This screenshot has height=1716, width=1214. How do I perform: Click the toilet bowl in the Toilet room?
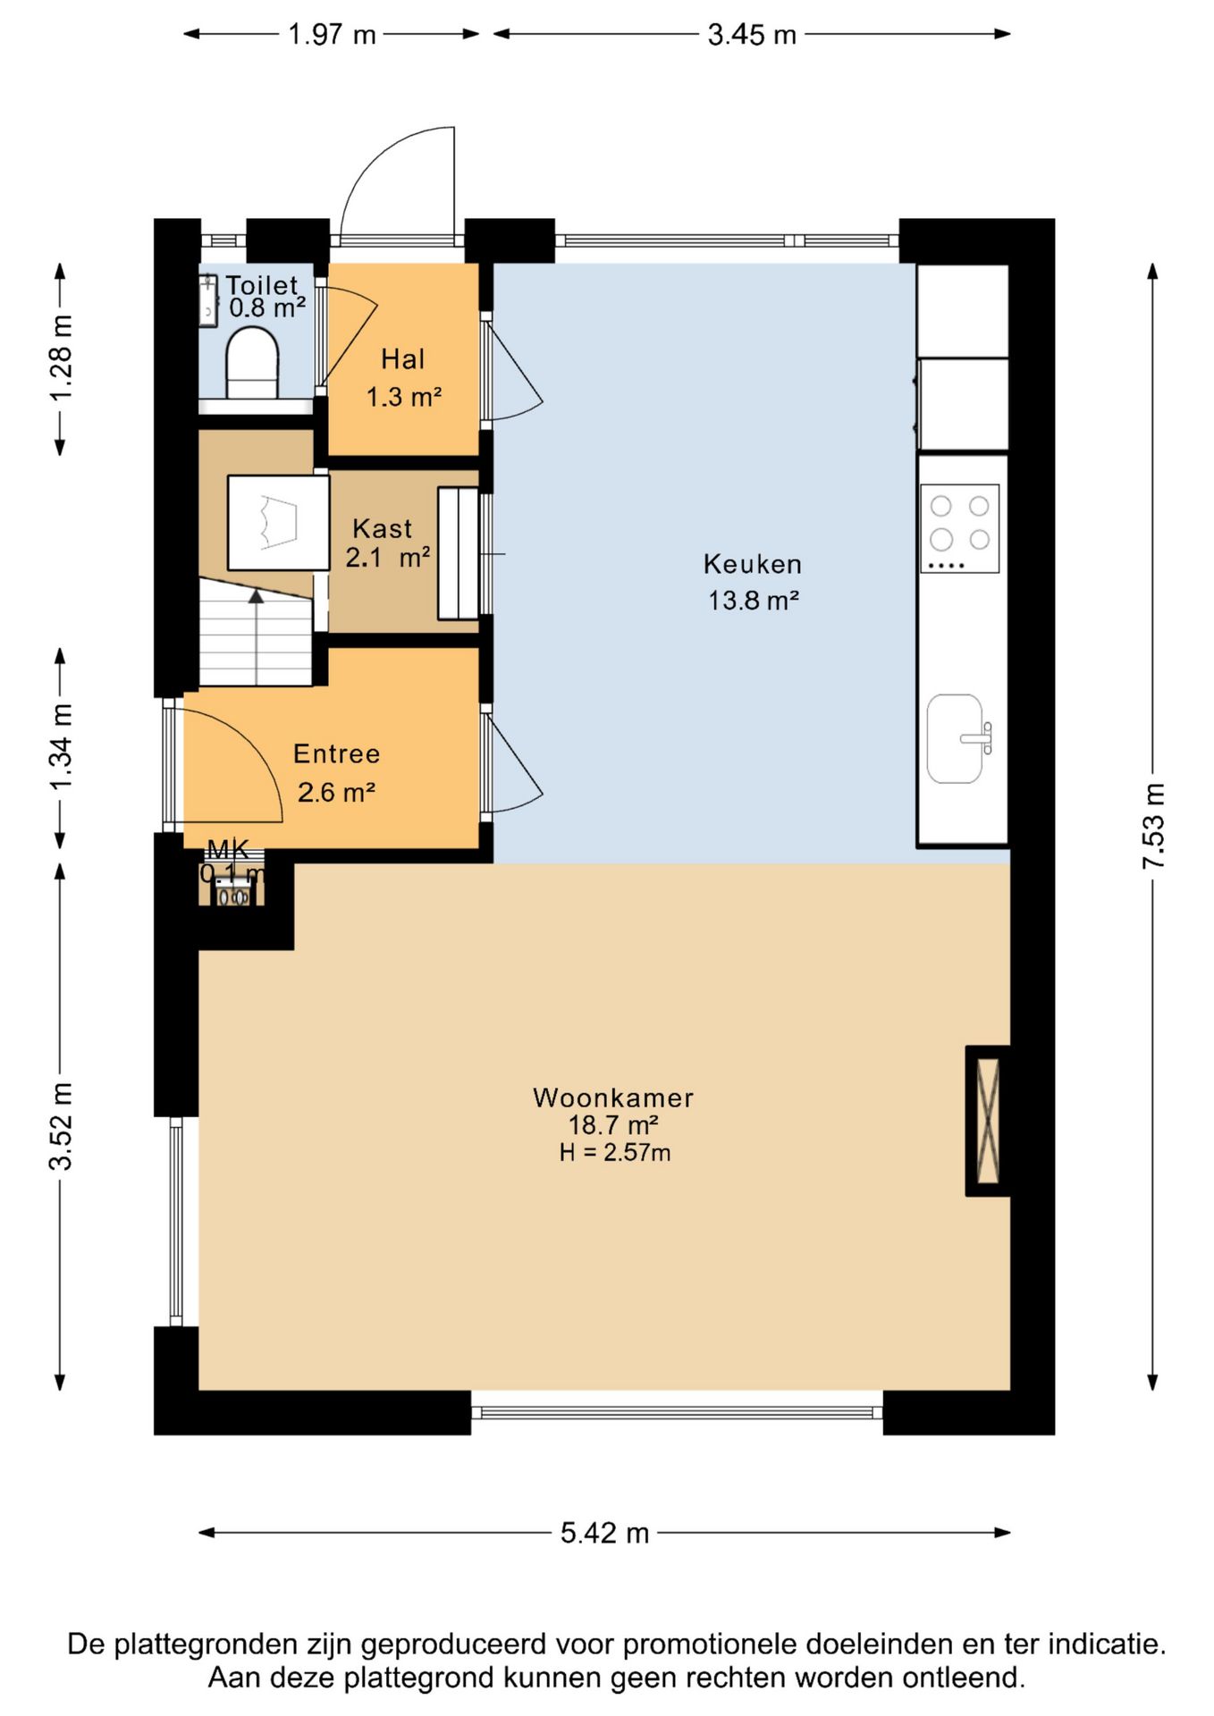click(252, 363)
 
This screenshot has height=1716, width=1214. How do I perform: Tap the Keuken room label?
click(753, 564)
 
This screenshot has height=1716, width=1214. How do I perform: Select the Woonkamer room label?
click(613, 1098)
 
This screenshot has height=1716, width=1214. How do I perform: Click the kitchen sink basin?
click(955, 738)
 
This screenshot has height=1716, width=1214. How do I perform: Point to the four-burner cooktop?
click(959, 528)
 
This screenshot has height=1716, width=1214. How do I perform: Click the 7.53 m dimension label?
click(1153, 826)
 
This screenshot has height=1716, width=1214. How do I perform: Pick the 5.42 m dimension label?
click(604, 1533)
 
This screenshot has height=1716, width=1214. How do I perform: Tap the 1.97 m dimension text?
click(332, 34)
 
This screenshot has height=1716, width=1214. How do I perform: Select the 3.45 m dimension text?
click(752, 34)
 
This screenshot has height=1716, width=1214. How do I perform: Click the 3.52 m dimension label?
click(61, 1126)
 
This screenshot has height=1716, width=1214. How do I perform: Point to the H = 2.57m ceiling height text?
click(615, 1153)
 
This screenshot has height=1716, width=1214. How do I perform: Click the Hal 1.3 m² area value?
click(404, 397)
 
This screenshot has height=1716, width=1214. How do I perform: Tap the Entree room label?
click(337, 753)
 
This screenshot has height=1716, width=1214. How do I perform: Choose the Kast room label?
click(383, 528)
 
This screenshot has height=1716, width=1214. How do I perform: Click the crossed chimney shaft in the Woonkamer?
click(988, 1120)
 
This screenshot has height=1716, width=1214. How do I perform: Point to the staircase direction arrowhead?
click(257, 595)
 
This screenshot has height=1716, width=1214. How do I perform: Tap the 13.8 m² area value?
click(754, 601)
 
